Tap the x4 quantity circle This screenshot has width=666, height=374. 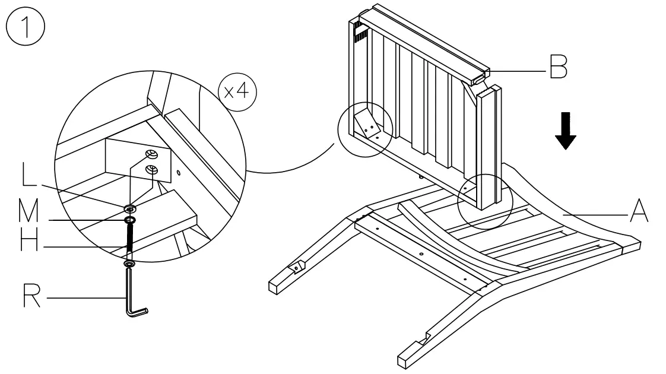click(x=237, y=91)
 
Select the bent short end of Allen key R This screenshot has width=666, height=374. click(x=139, y=312)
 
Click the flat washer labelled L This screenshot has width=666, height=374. click(x=130, y=209)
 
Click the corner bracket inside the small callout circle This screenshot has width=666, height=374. click(x=368, y=125)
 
